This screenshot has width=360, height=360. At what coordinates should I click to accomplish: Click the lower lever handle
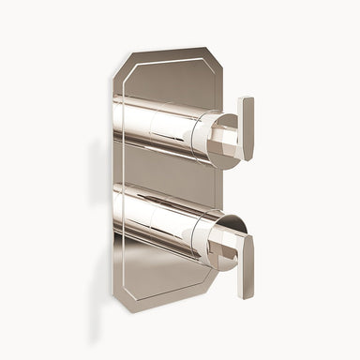(x=245, y=265)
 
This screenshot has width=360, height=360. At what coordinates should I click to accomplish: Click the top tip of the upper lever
(x=246, y=100)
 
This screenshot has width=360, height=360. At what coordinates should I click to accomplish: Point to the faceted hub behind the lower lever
(x=225, y=246)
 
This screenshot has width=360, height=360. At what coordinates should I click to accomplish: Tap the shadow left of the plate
(x=101, y=187)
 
